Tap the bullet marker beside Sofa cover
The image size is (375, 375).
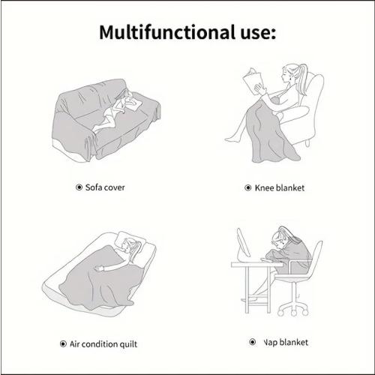79,187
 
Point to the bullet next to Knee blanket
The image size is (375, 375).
248,187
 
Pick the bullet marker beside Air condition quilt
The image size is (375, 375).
63,344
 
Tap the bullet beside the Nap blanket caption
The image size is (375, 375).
253,342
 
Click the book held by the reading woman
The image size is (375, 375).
253,81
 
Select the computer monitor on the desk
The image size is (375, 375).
243,243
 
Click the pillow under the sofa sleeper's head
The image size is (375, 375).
133,103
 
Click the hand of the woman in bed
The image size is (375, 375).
99,268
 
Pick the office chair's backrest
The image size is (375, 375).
316,257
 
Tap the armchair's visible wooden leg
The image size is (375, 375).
308,143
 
